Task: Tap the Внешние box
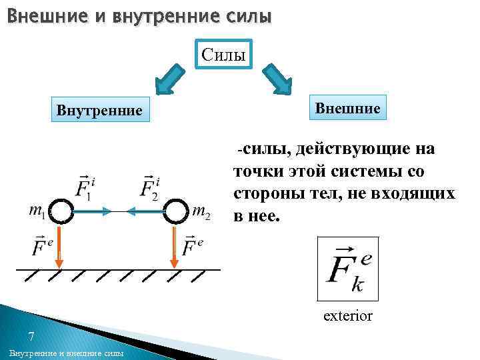coord(347,107)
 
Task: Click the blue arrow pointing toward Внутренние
coord(168,78)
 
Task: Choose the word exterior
coord(347,315)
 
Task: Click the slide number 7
coord(31,335)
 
